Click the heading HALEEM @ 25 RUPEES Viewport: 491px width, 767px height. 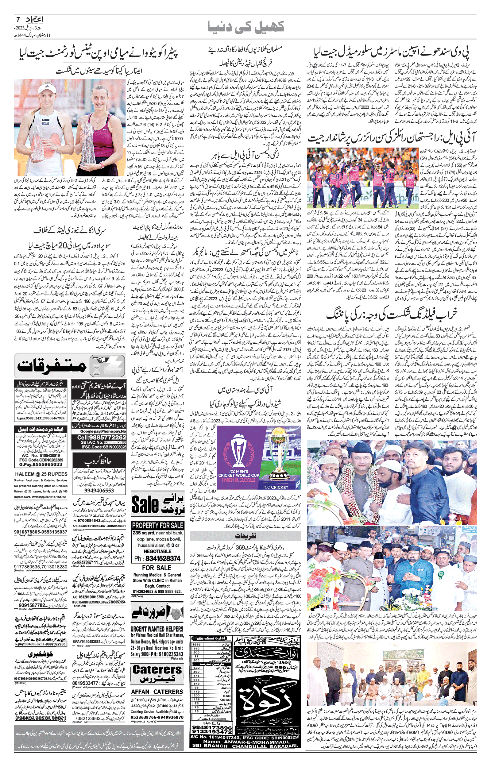(x=41, y=474)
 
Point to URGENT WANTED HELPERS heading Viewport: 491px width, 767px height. (x=157, y=629)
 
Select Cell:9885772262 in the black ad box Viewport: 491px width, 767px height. (x=99, y=437)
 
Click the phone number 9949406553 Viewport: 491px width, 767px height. (x=99, y=490)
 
